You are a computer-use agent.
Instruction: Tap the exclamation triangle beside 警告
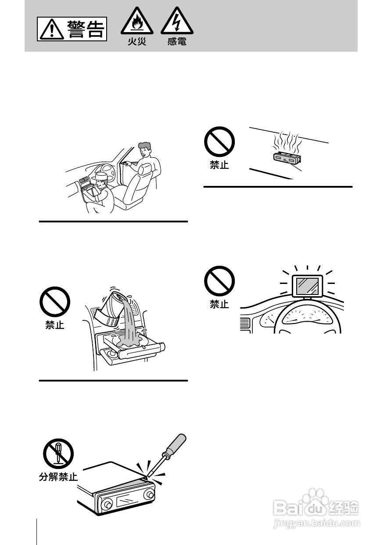[x=52, y=30]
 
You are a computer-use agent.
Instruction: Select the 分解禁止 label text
[x=58, y=476]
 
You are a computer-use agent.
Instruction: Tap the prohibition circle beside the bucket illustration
[x=55, y=302]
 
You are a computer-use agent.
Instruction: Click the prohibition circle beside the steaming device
[x=219, y=142]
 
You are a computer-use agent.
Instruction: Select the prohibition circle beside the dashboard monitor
[x=219, y=281]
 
